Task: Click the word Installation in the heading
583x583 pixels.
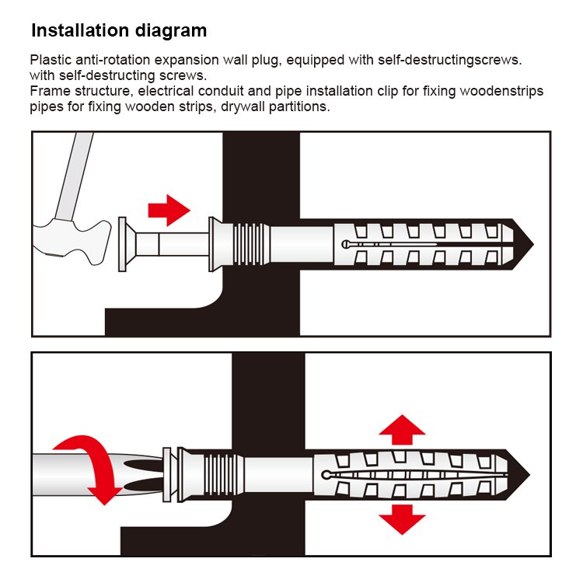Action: tap(80, 30)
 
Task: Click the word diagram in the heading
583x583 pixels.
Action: tap(171, 30)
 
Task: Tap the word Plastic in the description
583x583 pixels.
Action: tap(51, 60)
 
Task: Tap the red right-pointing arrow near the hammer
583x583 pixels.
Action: tap(169, 211)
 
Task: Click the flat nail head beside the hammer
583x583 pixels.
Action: tap(122, 244)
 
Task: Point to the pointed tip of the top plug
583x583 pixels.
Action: tap(533, 244)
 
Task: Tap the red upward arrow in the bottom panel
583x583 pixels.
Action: tap(402, 430)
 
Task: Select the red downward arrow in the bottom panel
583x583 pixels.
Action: tap(402, 519)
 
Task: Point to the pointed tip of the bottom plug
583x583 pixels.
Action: tap(529, 475)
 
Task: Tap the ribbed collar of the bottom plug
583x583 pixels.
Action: tap(223, 475)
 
